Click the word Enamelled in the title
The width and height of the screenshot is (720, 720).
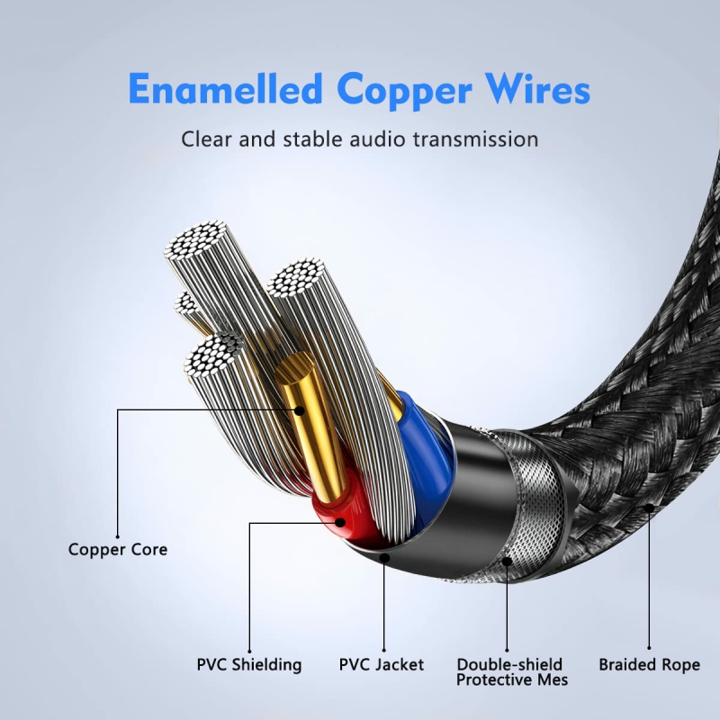pos(226,91)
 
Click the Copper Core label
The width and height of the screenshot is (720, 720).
pos(118,549)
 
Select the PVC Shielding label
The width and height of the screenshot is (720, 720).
pos(249,665)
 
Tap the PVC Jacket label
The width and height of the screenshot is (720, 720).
pos(382,665)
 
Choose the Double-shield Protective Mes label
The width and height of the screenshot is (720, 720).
pos(512,672)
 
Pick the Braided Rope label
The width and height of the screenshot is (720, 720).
pos(649,665)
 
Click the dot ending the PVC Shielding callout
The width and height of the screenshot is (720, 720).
pos(342,521)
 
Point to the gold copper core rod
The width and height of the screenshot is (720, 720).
pos(310,423)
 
